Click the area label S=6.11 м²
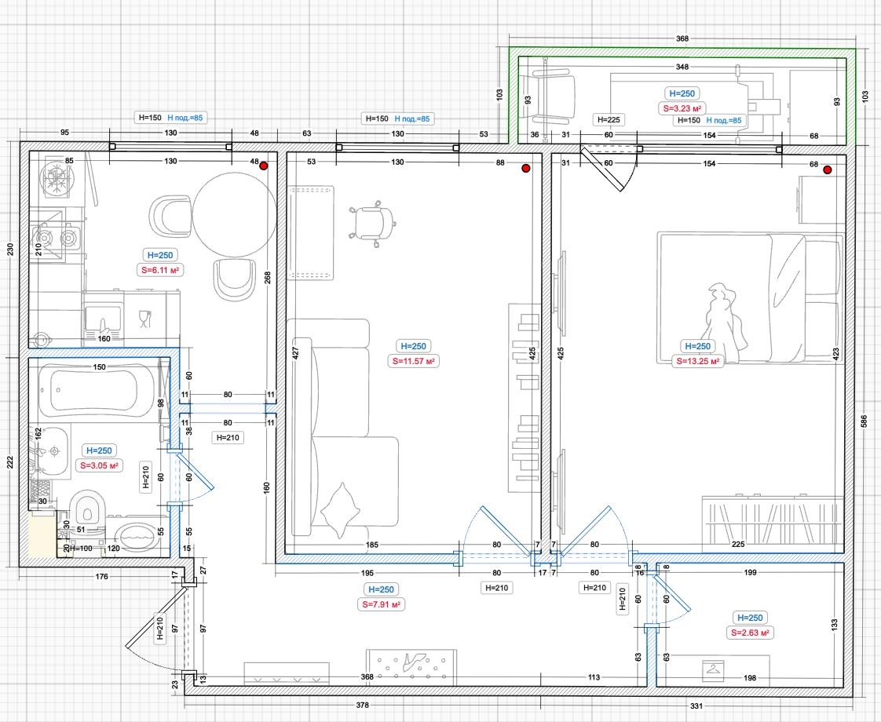(160, 270)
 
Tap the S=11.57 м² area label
(414, 361)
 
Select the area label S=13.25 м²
(698, 361)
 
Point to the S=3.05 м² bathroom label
(99, 465)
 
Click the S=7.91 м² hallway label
(381, 604)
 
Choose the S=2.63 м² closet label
(750, 633)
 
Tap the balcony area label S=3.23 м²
(682, 108)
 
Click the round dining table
(234, 215)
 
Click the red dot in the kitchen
(263, 166)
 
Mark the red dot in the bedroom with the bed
(827, 170)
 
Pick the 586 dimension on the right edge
(865, 421)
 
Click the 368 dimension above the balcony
(682, 38)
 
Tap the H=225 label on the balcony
(609, 119)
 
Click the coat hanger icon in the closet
(713, 669)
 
